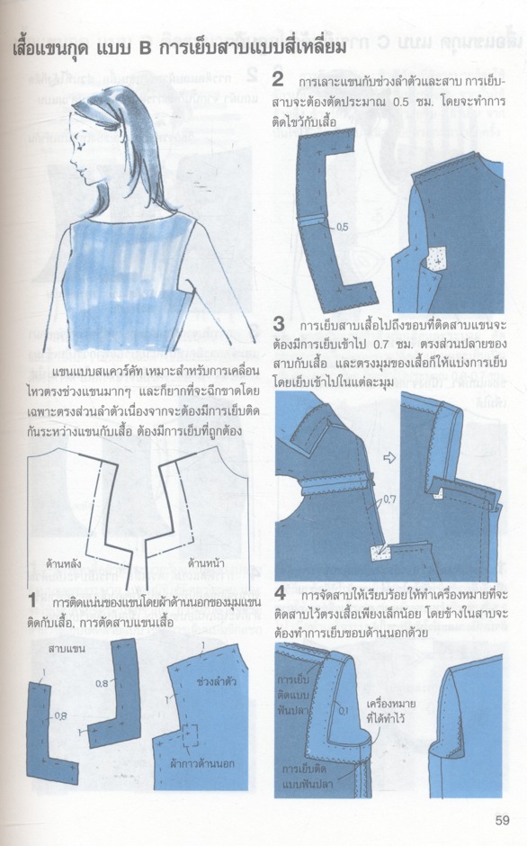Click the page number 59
point(502,819)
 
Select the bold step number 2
point(279,81)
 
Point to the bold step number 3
point(279,322)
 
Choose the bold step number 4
point(280,593)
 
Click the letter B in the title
point(144,48)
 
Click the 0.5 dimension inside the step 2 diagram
point(342,228)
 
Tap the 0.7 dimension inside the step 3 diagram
point(389,497)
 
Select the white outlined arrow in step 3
point(389,458)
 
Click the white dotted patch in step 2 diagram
point(437,260)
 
